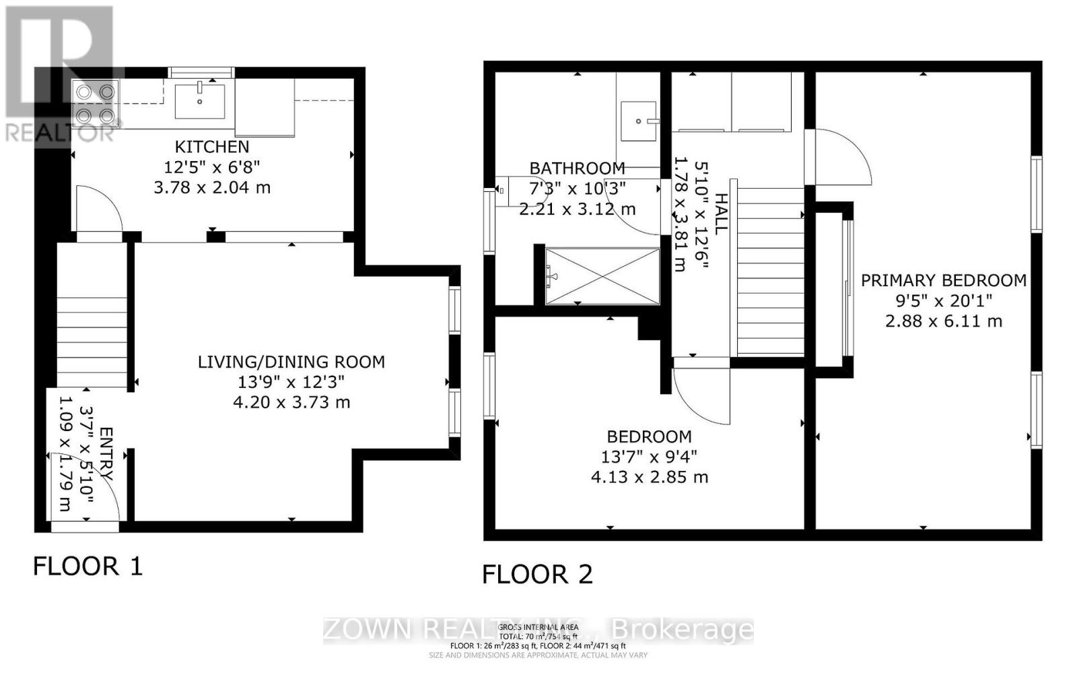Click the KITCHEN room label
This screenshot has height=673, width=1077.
pyautogui.click(x=212, y=147)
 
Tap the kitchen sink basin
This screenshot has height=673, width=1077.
pyautogui.click(x=200, y=102)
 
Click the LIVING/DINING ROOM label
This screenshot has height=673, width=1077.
pyautogui.click(x=291, y=362)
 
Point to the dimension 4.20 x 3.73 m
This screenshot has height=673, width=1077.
pyautogui.click(x=291, y=402)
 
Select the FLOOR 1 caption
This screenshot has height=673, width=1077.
pyautogui.click(x=88, y=566)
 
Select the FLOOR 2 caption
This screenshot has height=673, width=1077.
pyautogui.click(x=537, y=575)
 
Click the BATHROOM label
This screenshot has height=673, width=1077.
pyautogui.click(x=577, y=168)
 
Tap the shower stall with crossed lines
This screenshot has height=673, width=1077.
pyautogui.click(x=602, y=276)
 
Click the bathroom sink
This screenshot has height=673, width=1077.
pyautogui.click(x=638, y=121)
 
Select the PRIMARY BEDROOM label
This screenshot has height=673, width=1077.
pyautogui.click(x=944, y=280)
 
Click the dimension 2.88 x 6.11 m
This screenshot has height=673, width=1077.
pyautogui.click(x=944, y=321)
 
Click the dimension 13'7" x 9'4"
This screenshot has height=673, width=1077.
pyautogui.click(x=649, y=457)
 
